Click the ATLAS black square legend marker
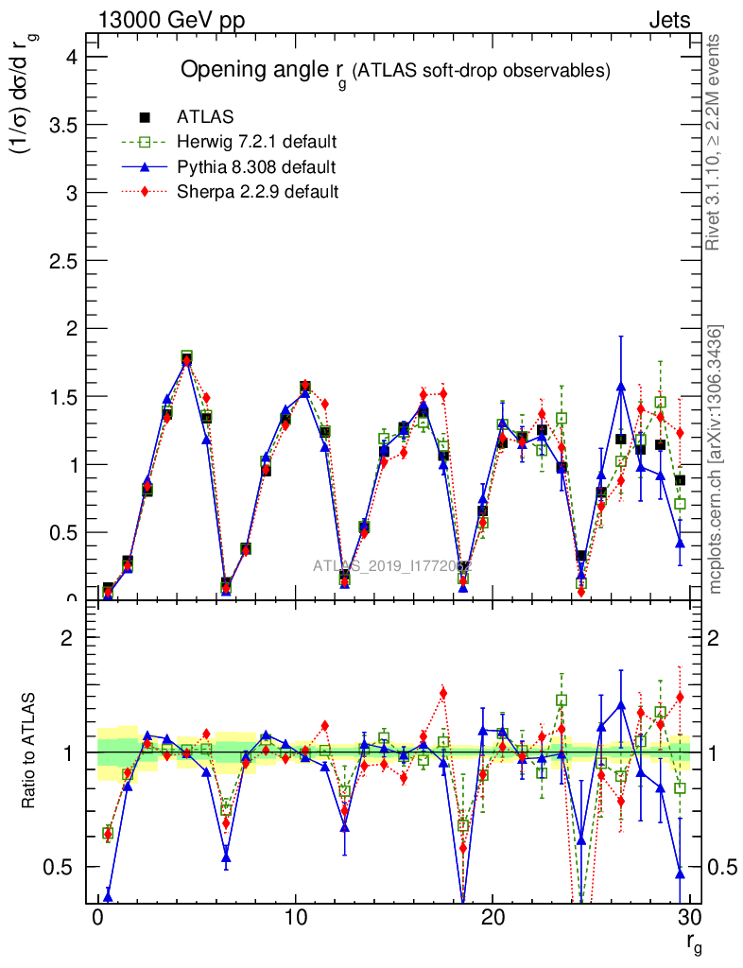[x=145, y=117]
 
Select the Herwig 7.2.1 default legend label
[x=257, y=143]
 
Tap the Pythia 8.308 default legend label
[x=256, y=167]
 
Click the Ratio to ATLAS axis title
[x=30, y=752]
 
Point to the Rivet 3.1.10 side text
[x=716, y=142]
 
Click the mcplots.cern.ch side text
[x=716, y=458]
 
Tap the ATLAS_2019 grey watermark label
[x=391, y=566]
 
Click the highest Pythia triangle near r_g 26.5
[x=621, y=387]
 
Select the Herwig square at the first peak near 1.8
[x=187, y=356]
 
